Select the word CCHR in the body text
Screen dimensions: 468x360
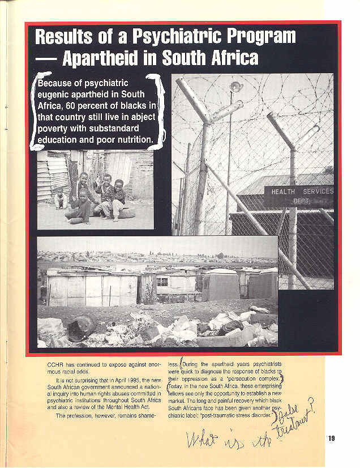[x=57, y=364]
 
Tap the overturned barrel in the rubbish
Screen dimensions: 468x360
[x=81, y=327]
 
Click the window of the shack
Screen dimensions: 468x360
[x=162, y=282]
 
